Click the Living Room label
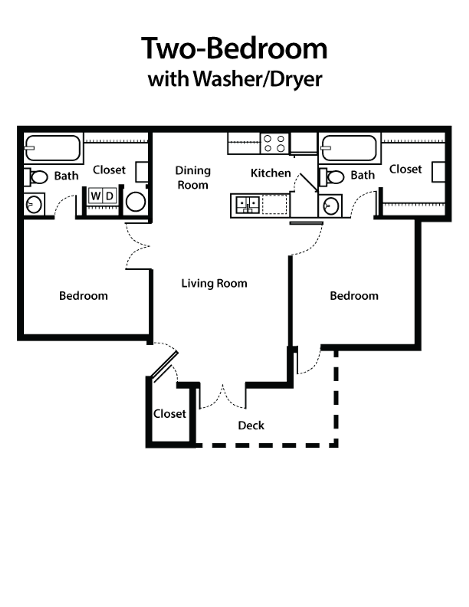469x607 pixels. click(214, 283)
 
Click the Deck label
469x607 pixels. click(251, 425)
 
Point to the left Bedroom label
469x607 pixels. click(84, 296)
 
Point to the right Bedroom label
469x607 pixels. click(354, 296)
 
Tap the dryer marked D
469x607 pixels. click(110, 196)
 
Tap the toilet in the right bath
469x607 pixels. click(330, 205)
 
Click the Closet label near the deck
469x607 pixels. click(170, 414)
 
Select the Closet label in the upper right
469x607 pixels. click(405, 169)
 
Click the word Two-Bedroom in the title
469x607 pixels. click(236, 49)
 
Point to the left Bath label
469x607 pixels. click(66, 175)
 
